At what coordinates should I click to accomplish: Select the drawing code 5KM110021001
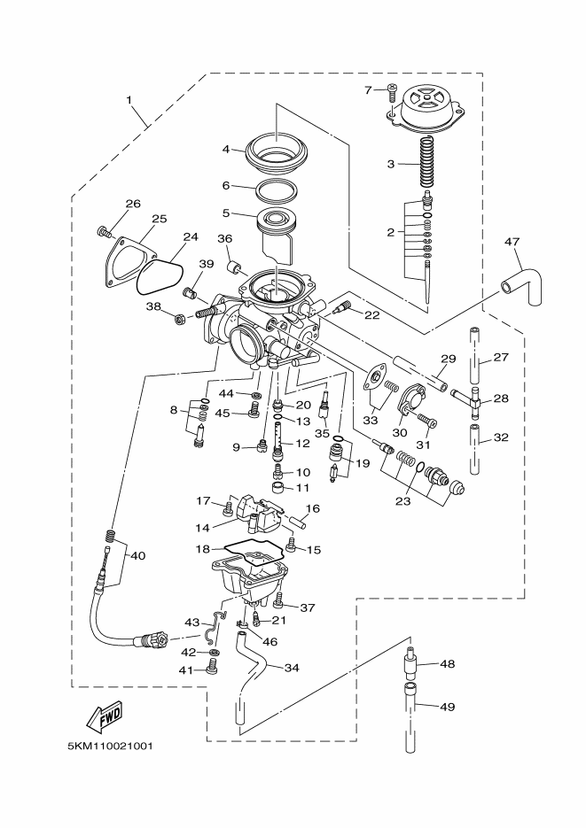(110, 746)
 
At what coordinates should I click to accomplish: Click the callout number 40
(137, 555)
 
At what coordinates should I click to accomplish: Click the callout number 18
(202, 550)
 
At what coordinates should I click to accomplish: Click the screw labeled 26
(105, 232)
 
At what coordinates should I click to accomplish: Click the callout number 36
(224, 239)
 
